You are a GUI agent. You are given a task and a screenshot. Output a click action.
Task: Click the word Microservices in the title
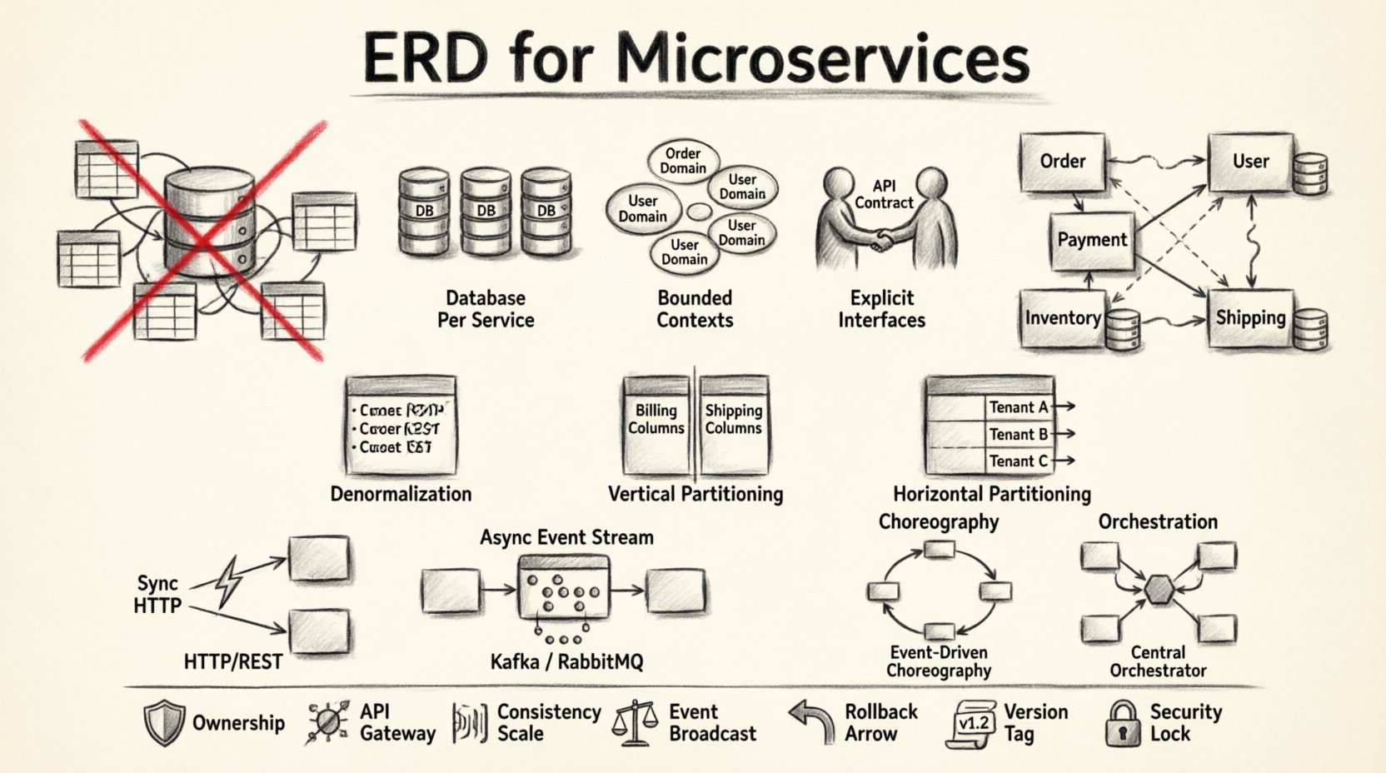[x=824, y=60]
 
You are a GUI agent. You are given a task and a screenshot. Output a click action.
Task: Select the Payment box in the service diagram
[x=1091, y=241]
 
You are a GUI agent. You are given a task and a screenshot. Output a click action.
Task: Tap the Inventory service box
[x=1063, y=318]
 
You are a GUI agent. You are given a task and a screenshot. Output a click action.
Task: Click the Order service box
[x=1063, y=162]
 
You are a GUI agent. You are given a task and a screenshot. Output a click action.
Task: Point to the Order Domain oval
[x=683, y=161]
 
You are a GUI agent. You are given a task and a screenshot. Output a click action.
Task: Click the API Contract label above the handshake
[x=884, y=194]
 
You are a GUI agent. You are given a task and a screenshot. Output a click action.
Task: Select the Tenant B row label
[x=1018, y=434]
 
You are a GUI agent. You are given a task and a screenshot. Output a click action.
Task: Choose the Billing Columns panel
[x=656, y=421]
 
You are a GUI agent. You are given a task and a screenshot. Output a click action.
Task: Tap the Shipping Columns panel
[x=733, y=421]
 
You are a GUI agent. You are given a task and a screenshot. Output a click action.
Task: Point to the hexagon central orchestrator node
[x=1158, y=590]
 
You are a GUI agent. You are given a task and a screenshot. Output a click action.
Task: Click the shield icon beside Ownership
[x=163, y=723]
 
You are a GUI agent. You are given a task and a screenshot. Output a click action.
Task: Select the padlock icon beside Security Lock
[x=1122, y=723]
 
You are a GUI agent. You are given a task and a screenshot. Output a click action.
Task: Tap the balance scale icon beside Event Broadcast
[x=634, y=723]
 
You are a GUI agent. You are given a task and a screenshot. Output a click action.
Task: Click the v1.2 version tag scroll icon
[x=971, y=724]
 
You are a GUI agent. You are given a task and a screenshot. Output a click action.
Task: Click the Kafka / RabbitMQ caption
[x=566, y=662]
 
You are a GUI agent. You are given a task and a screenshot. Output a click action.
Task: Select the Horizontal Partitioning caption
[x=991, y=494]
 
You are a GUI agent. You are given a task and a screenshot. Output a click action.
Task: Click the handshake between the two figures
[x=879, y=241]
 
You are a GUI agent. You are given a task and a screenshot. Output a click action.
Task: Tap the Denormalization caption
[x=401, y=494]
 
